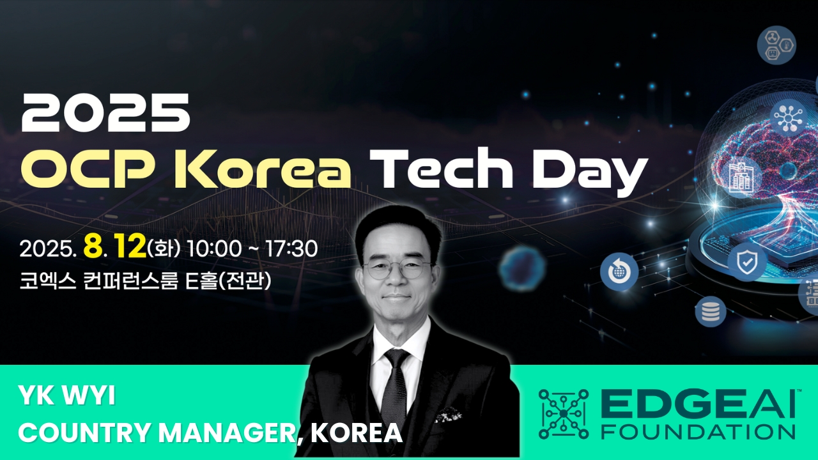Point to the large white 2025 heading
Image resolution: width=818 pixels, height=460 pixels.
coord(105,113)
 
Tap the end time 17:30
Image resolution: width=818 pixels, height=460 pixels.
coord(291,249)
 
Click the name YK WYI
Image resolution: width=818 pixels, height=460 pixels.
coord(67,396)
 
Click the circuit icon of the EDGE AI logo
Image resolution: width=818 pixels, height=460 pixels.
coord(563,413)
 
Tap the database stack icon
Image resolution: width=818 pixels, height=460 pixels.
coord(710,312)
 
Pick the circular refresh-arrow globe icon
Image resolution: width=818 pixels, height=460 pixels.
coord(619,272)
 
